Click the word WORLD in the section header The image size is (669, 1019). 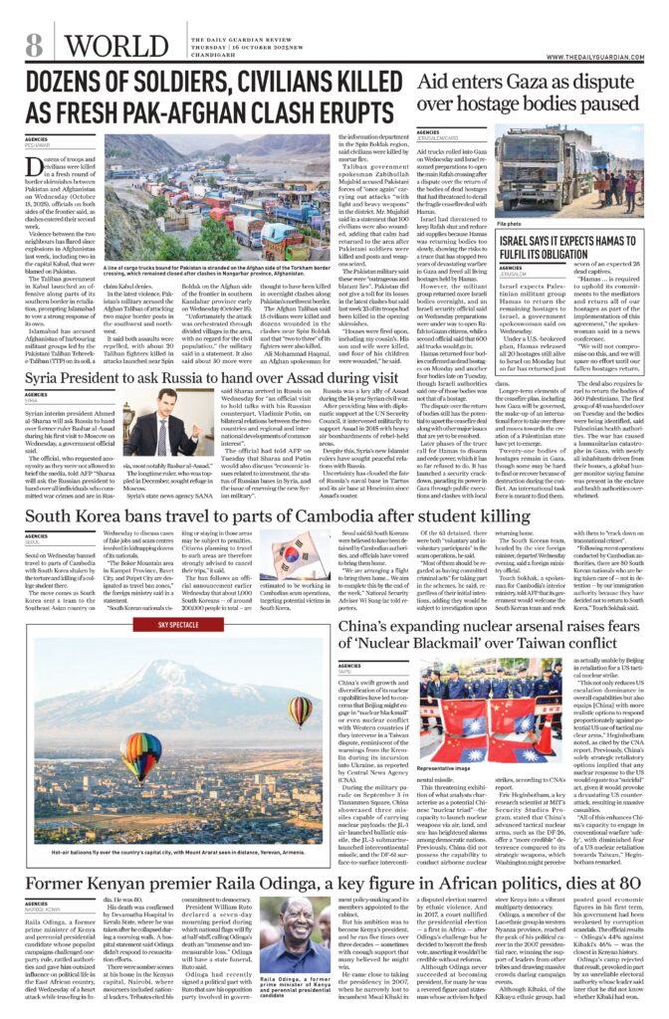point(108,46)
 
